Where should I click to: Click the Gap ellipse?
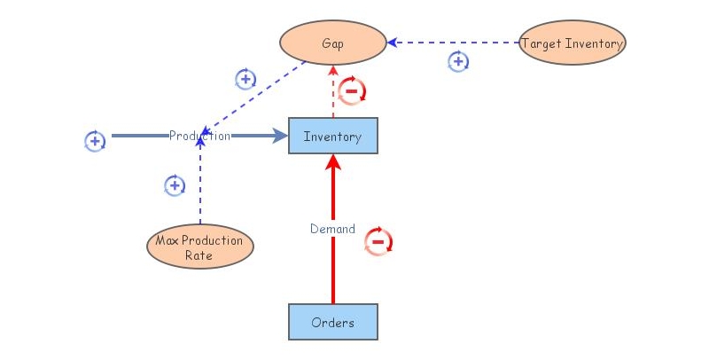[x=333, y=43]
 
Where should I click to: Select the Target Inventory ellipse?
[x=572, y=43]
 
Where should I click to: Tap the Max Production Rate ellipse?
[x=199, y=247]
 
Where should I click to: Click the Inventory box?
[x=332, y=137]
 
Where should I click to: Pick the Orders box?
[x=332, y=322]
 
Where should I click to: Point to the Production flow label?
[x=199, y=136]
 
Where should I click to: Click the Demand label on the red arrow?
[x=332, y=229]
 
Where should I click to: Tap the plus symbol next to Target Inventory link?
[x=457, y=62]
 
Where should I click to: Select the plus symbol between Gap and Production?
[x=245, y=79]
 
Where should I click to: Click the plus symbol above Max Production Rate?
[x=175, y=185]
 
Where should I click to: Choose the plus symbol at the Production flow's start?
[x=95, y=140]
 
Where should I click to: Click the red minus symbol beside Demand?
[x=378, y=241]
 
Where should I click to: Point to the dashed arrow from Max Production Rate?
[x=200, y=186]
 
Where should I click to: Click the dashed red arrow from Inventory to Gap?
[x=333, y=93]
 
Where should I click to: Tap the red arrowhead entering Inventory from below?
[x=333, y=161]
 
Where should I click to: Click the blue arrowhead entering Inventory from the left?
[x=281, y=136]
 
